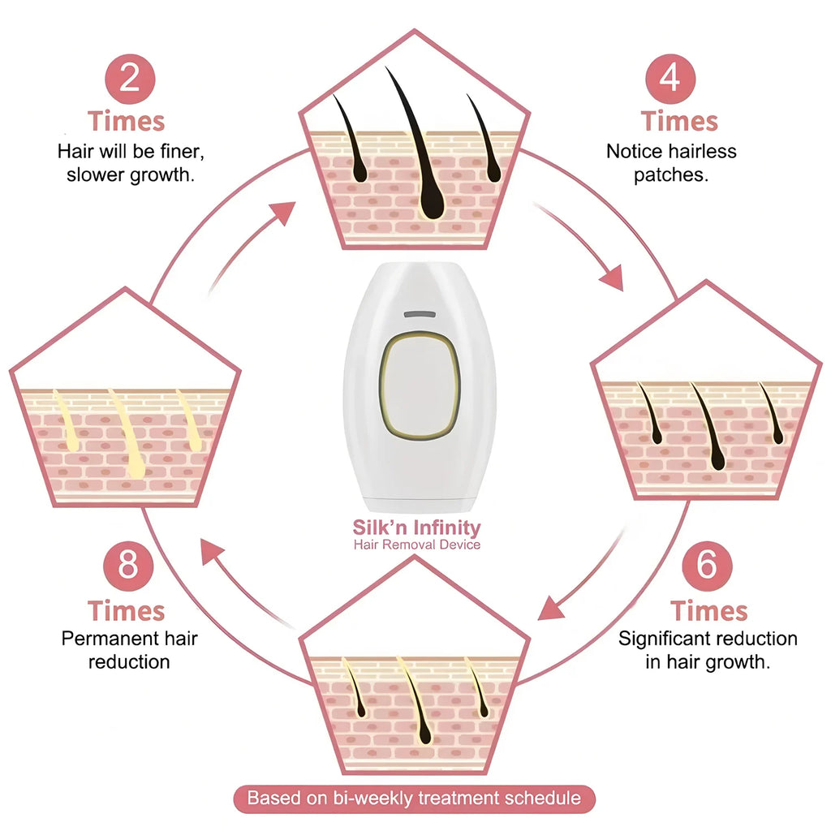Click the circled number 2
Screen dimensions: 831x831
[x=127, y=79]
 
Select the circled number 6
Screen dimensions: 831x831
[x=707, y=564]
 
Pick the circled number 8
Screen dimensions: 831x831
[x=127, y=564]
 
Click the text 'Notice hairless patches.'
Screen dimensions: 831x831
[x=670, y=163]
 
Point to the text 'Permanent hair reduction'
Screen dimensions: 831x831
[x=129, y=649]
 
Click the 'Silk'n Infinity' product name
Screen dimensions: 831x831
[x=416, y=527]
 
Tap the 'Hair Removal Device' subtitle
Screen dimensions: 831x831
[x=416, y=545]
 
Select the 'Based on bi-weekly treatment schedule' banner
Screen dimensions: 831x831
[x=414, y=798]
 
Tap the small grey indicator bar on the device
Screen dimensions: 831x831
[x=420, y=313]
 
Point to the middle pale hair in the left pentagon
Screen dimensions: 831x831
[x=127, y=434]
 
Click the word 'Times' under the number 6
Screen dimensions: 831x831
[x=708, y=610]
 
